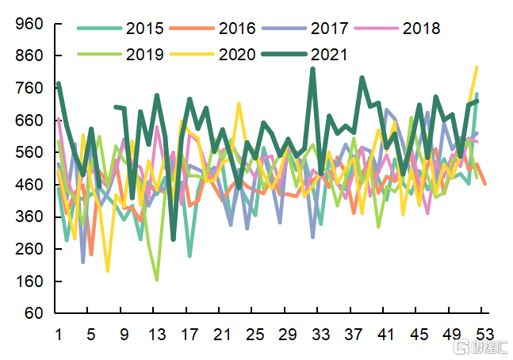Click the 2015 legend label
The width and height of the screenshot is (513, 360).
click(145, 29)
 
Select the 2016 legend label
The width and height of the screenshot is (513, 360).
click(237, 29)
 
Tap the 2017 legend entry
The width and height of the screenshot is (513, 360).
click(329, 29)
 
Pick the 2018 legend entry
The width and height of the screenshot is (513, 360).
click(421, 29)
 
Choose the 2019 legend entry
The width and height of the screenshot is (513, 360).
click(145, 55)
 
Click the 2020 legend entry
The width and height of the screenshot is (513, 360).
click(237, 55)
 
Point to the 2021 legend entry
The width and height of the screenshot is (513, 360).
click(329, 55)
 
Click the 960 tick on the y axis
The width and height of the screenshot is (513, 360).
click(29, 24)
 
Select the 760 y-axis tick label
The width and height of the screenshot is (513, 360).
click(29, 88)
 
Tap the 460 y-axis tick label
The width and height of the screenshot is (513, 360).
click(29, 185)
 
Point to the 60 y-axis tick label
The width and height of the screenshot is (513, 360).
click(33, 313)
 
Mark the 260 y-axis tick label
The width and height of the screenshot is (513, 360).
click(29, 249)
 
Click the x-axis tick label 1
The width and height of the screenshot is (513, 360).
click(59, 334)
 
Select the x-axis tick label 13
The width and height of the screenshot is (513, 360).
click(157, 334)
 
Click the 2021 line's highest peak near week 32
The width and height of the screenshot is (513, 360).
click(312, 69)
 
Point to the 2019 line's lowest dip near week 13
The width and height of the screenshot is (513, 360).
click(157, 279)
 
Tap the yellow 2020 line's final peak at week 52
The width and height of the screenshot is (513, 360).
click(477, 67)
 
